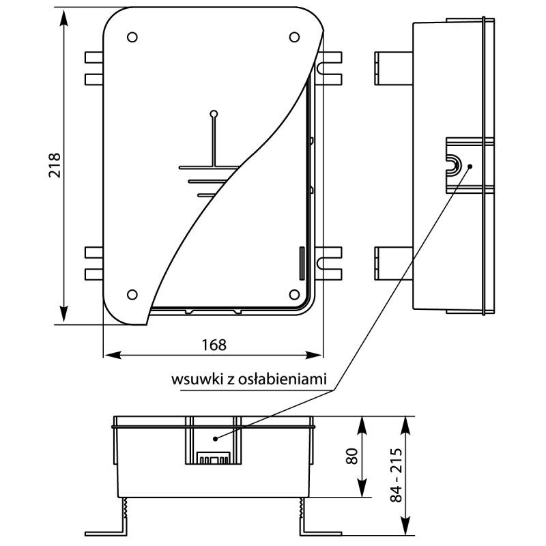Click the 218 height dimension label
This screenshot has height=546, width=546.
point(55,165)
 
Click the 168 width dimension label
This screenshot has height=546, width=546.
point(214,345)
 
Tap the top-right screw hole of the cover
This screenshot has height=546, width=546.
point(294,36)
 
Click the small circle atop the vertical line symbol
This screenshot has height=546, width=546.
point(214,113)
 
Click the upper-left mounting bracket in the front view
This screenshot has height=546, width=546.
point(94,68)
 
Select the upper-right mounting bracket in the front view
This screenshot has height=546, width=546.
point(330,68)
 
